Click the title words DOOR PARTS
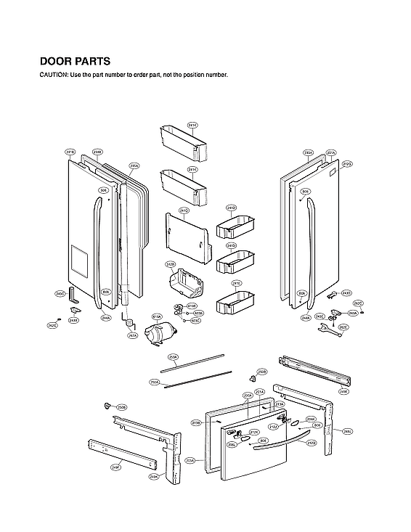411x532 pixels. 75,62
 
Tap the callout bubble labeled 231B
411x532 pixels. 70,152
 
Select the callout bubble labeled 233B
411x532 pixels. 97,152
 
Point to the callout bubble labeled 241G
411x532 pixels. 184,210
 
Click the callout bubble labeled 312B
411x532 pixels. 171,264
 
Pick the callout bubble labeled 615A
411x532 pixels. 156,317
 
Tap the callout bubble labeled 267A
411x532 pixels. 132,336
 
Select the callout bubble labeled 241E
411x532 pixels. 236,283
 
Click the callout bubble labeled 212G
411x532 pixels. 347,164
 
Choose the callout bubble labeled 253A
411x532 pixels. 173,357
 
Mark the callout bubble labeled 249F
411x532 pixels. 115,467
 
